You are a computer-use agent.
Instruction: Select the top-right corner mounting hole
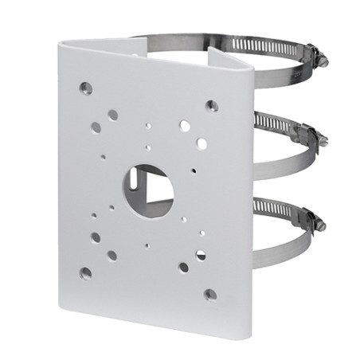tap(211, 104)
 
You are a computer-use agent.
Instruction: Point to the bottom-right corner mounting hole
tap(209, 294)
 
